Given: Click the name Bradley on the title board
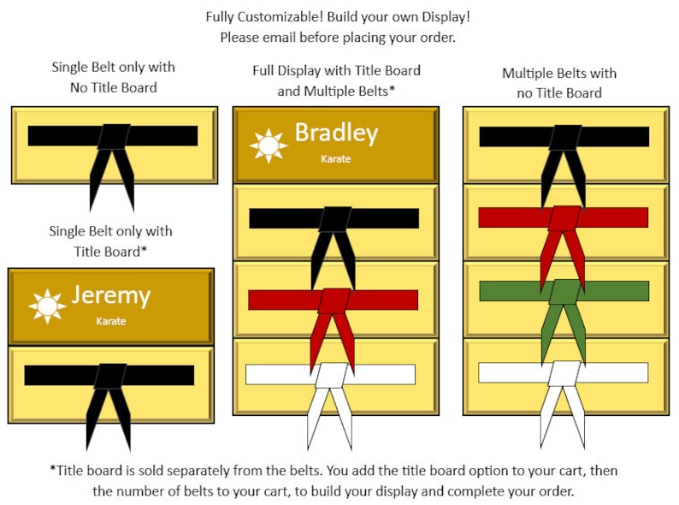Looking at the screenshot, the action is click(336, 133).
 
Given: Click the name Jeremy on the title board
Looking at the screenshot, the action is click(111, 296).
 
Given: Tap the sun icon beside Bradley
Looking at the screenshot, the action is click(269, 146).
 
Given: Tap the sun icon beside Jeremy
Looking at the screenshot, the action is click(47, 306).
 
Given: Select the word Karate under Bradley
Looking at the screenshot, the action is click(335, 159).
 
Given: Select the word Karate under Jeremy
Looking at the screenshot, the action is click(111, 321).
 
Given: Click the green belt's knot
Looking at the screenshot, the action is click(564, 292).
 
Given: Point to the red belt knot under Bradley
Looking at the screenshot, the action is click(334, 300).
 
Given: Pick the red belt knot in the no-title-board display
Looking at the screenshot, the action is click(564, 218).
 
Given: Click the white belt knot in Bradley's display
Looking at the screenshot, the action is click(331, 376).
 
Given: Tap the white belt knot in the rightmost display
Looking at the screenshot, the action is click(564, 374).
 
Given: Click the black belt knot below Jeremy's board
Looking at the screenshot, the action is click(110, 377).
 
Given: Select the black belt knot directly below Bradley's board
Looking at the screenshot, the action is click(334, 219).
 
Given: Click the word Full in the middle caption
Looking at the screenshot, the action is click(263, 70).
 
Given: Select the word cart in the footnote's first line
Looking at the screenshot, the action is click(569, 471).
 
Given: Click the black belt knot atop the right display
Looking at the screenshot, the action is click(564, 138).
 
